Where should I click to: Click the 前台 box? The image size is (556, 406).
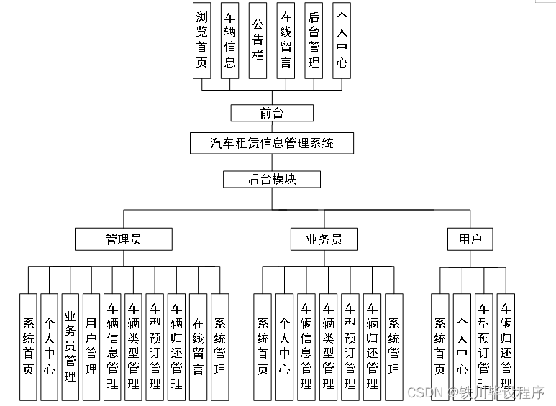click(x=272, y=113)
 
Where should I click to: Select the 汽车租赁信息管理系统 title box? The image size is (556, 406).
click(x=272, y=143)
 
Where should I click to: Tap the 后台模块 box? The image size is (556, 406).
click(x=272, y=179)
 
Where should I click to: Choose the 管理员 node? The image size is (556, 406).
click(x=124, y=239)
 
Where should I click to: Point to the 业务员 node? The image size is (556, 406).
click(x=326, y=239)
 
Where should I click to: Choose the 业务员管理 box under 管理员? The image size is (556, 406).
click(x=70, y=346)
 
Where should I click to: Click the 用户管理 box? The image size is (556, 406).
click(x=91, y=346)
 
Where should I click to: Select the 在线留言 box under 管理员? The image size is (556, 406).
click(x=198, y=346)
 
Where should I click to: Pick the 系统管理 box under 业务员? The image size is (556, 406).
click(x=393, y=346)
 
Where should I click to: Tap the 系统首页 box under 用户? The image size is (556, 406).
click(x=439, y=346)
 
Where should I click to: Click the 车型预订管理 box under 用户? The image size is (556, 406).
click(x=483, y=346)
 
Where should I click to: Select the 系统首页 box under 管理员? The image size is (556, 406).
click(x=28, y=346)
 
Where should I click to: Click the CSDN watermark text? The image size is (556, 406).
click(x=424, y=392)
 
